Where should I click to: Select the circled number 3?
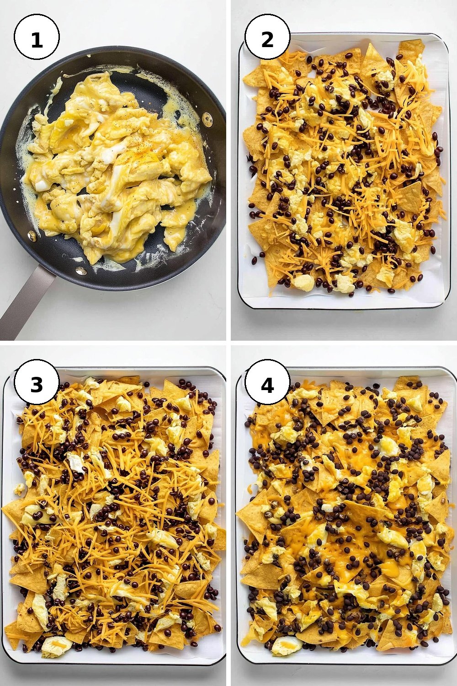click(x=37, y=383)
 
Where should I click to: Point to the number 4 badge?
click(x=267, y=383)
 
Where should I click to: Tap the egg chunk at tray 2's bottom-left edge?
click(x=303, y=282)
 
